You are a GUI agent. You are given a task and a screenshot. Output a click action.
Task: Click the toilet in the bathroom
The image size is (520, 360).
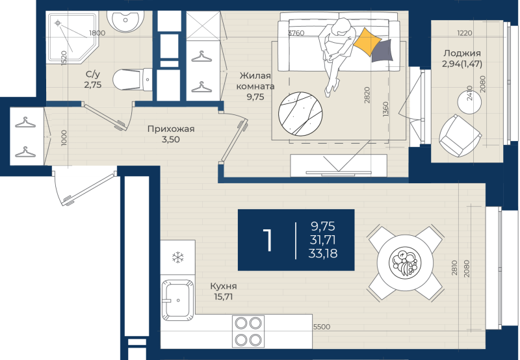click(132, 79)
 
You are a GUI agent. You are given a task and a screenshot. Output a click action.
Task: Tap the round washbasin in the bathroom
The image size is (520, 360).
click(125, 20)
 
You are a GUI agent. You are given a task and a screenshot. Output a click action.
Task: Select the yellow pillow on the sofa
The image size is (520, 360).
click(367, 42)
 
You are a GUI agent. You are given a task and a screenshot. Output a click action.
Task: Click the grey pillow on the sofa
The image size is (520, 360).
click(382, 51)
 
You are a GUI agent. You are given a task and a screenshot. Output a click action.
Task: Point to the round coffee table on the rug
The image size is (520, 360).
click(300, 114)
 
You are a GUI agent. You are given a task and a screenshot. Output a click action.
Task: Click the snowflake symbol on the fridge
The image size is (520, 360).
click(178, 257)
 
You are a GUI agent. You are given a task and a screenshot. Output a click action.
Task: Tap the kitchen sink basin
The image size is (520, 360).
click(177, 300)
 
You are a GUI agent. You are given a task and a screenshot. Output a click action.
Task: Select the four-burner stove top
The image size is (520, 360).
click(248, 331)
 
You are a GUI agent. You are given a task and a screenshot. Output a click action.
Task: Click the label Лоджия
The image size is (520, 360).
click(462, 53)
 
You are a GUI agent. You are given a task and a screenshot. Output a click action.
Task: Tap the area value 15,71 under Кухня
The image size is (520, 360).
click(223, 297)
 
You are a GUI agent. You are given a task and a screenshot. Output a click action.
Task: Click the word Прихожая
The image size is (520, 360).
click(171, 129)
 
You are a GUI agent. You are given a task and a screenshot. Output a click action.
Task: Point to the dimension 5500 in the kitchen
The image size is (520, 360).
click(322, 327)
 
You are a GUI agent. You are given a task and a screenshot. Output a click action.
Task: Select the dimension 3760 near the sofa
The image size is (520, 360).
click(296, 33)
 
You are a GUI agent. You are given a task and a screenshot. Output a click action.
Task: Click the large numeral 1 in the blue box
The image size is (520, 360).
click(268, 240)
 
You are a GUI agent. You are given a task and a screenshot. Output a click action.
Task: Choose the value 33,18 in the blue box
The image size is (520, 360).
click(323, 253)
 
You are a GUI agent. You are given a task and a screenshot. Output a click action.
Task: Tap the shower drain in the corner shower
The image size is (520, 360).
click(58, 23)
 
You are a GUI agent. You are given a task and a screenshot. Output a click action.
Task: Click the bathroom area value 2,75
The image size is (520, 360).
click(92, 84)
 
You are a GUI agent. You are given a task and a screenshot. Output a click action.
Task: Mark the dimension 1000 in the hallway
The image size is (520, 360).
click(64, 138)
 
